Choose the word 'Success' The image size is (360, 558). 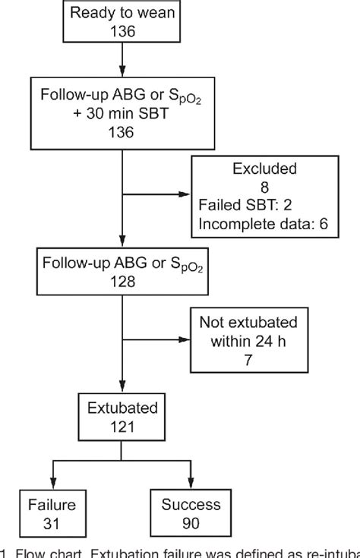191,505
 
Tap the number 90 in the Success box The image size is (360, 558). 191,523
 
